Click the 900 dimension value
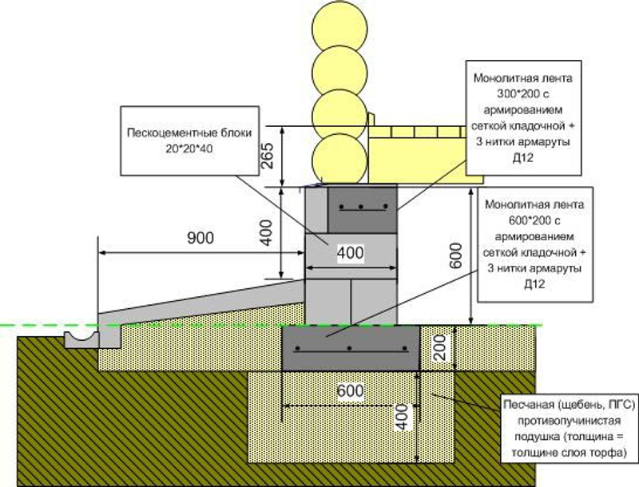click(x=200, y=239)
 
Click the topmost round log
click(x=335, y=24)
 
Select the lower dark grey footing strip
click(x=351, y=349)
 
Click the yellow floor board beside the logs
click(x=416, y=152)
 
